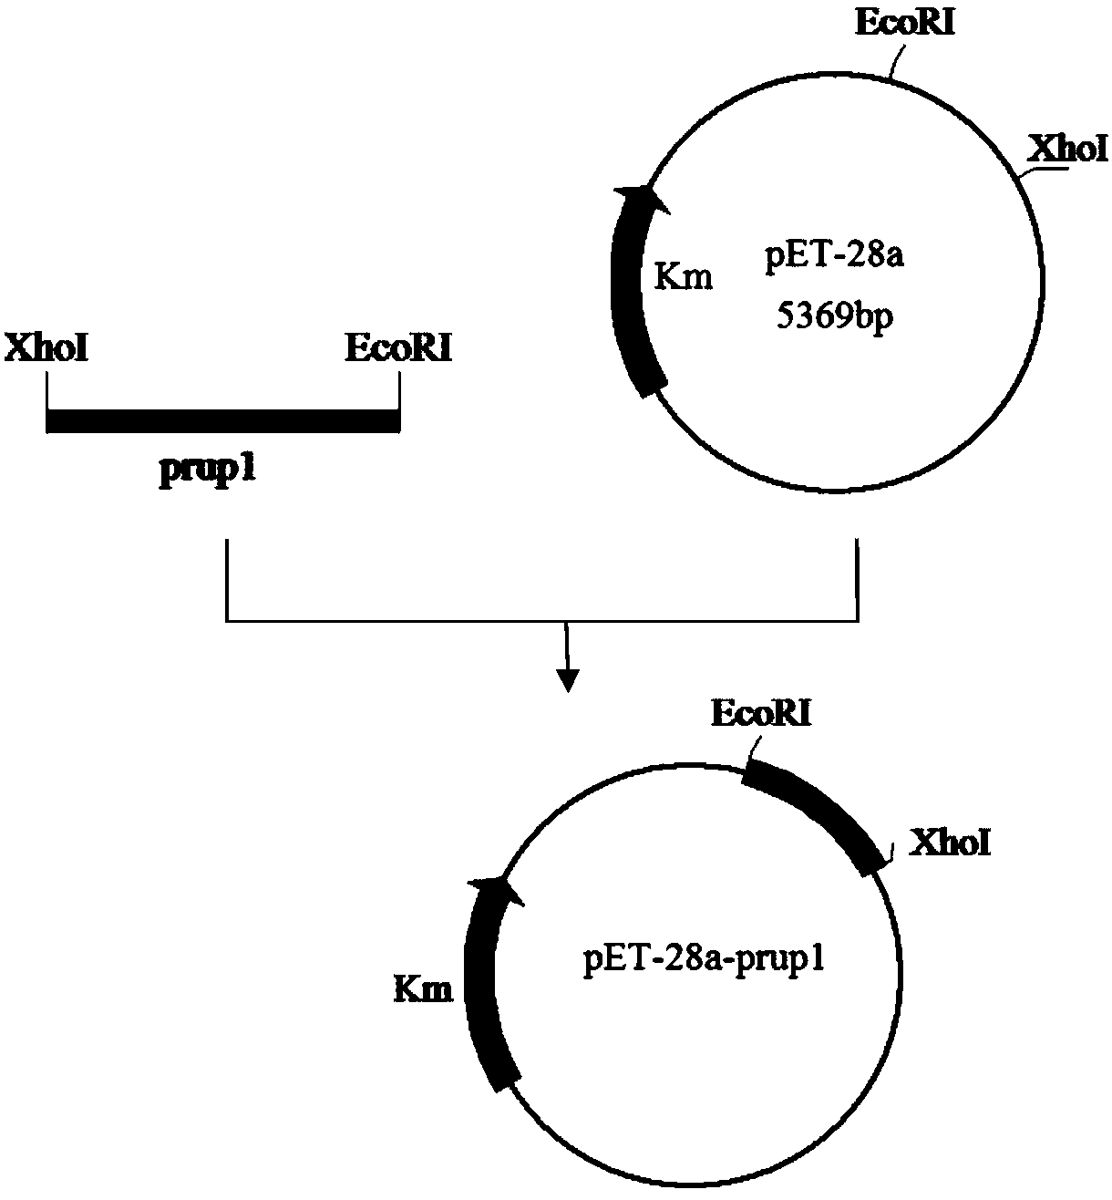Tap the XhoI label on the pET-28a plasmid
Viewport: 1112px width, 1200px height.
click(x=1066, y=148)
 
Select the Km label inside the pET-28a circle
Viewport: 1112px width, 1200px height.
click(x=684, y=276)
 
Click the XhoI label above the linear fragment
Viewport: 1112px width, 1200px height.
click(x=46, y=349)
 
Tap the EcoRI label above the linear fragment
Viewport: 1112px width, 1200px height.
click(x=397, y=349)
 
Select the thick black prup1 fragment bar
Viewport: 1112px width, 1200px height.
click(x=222, y=420)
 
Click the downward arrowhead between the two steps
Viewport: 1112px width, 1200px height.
click(x=567, y=680)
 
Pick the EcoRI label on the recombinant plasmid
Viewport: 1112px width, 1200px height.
click(x=761, y=714)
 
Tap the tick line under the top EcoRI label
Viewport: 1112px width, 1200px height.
click(x=896, y=61)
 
